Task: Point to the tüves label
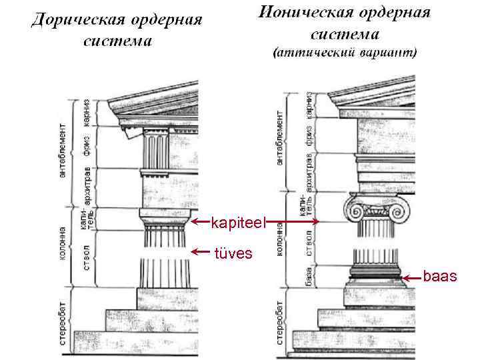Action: pos(233,253)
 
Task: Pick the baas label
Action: pos(440,274)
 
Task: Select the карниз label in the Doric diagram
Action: pos(86,112)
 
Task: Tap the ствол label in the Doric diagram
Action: pos(87,259)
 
